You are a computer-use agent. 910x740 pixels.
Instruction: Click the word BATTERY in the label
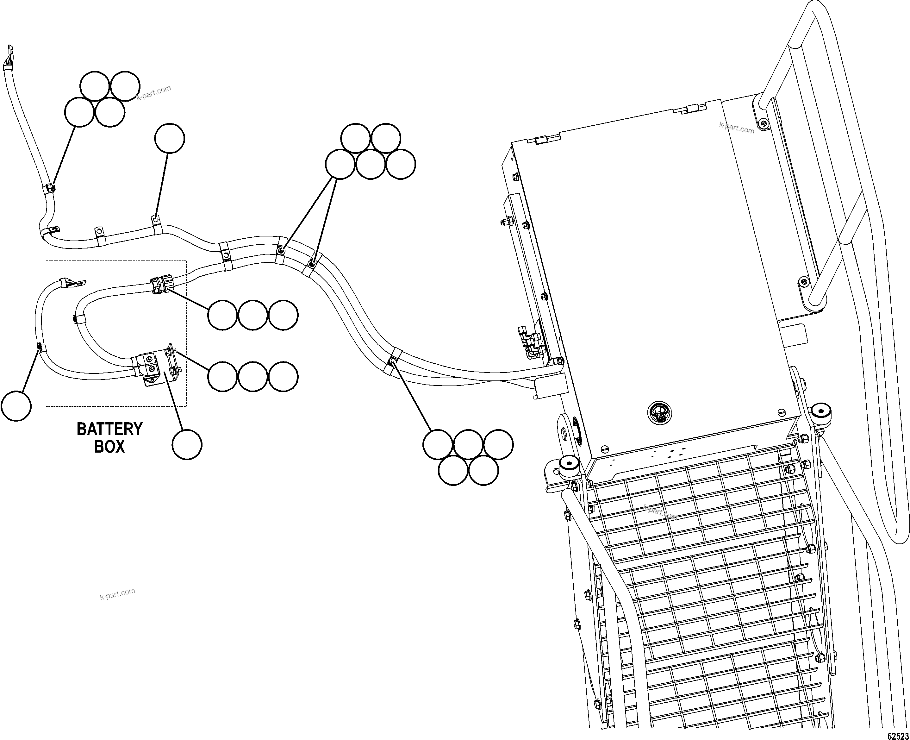point(109,429)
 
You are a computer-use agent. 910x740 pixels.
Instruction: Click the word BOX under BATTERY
point(109,447)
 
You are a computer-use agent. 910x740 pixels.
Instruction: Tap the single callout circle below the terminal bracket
point(187,445)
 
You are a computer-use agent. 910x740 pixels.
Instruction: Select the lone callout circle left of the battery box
point(16,406)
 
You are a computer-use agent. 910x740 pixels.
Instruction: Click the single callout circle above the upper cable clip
point(170,139)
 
